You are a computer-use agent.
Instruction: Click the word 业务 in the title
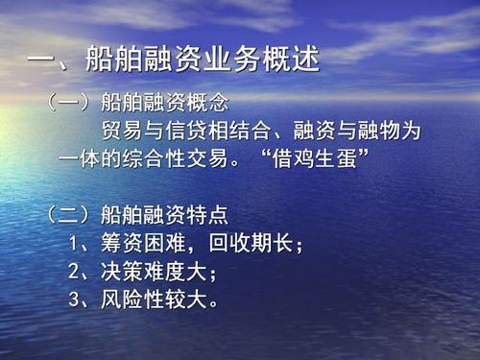tap(235, 61)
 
